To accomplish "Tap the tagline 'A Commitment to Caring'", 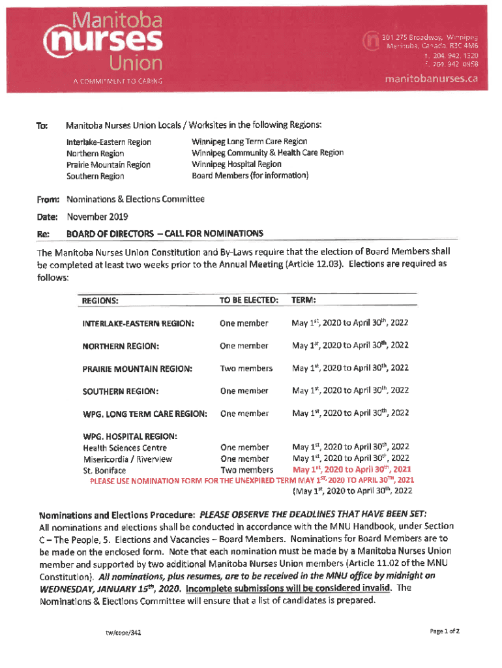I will point(117,82).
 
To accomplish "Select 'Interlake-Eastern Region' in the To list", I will point(109,142).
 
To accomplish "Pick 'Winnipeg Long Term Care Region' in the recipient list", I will point(249,142).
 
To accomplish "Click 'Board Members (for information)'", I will point(250,175).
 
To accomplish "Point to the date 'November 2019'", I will point(98,217).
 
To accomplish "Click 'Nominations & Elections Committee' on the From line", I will point(136,200).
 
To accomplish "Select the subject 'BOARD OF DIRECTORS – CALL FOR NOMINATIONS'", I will point(165,233).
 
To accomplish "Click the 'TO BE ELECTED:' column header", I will point(249,300).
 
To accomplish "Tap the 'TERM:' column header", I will point(304,300).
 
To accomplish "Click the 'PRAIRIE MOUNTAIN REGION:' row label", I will point(138,369).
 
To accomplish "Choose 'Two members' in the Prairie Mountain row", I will point(246,369).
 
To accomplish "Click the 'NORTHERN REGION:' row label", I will point(121,346).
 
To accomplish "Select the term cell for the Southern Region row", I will point(351,391).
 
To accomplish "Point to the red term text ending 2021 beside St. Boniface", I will point(352,470).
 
